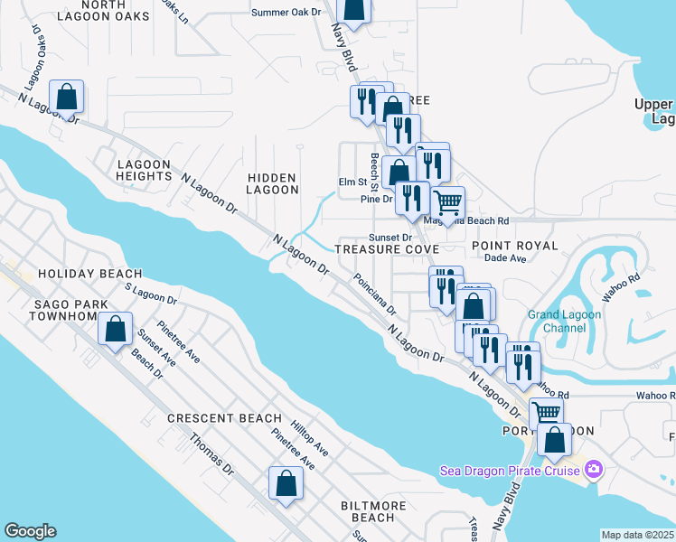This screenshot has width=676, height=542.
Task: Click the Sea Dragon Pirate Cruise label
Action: (511, 470)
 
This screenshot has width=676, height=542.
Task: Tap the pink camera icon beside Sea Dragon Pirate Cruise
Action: (593, 469)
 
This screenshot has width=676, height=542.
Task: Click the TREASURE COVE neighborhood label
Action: (387, 249)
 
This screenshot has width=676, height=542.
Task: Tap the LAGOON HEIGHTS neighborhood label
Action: (144, 171)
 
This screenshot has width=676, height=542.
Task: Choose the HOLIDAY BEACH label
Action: (89, 274)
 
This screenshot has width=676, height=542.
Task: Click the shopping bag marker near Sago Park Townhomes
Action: (116, 330)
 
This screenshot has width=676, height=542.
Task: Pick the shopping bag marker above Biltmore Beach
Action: (286, 483)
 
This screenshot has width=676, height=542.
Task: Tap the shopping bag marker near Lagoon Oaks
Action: (66, 97)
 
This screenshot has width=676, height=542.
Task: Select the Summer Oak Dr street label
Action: (286, 13)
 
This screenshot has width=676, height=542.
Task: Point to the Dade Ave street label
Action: (505, 258)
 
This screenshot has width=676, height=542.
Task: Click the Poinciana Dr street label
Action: (374, 294)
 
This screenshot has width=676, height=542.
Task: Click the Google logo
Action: (30, 532)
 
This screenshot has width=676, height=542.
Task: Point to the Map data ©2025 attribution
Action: (638, 535)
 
